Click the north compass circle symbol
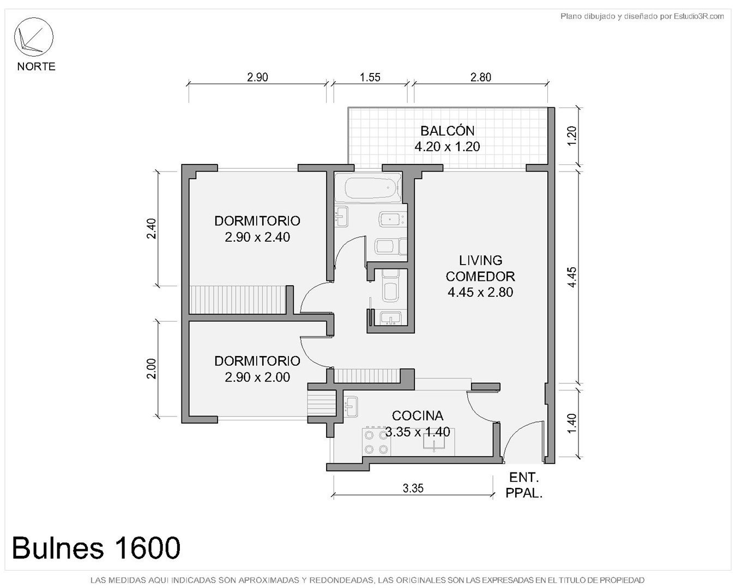(x=33, y=18)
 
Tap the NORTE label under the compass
(x=36, y=66)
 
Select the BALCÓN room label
(x=448, y=131)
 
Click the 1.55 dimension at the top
(x=370, y=77)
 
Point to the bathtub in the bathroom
(x=373, y=188)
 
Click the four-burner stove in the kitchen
(x=376, y=441)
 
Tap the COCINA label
(x=418, y=416)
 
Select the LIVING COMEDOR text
(x=480, y=268)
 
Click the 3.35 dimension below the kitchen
(x=413, y=488)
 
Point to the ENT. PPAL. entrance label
(x=524, y=486)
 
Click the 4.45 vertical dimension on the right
(x=572, y=277)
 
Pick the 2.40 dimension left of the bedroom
(x=151, y=229)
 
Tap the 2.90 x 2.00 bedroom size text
(x=257, y=377)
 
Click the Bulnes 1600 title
(x=96, y=548)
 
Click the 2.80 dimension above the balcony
(x=480, y=77)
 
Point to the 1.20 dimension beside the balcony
(x=572, y=136)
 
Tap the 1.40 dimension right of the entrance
(x=572, y=424)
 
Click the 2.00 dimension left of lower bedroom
(x=151, y=369)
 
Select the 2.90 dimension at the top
(x=257, y=77)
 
